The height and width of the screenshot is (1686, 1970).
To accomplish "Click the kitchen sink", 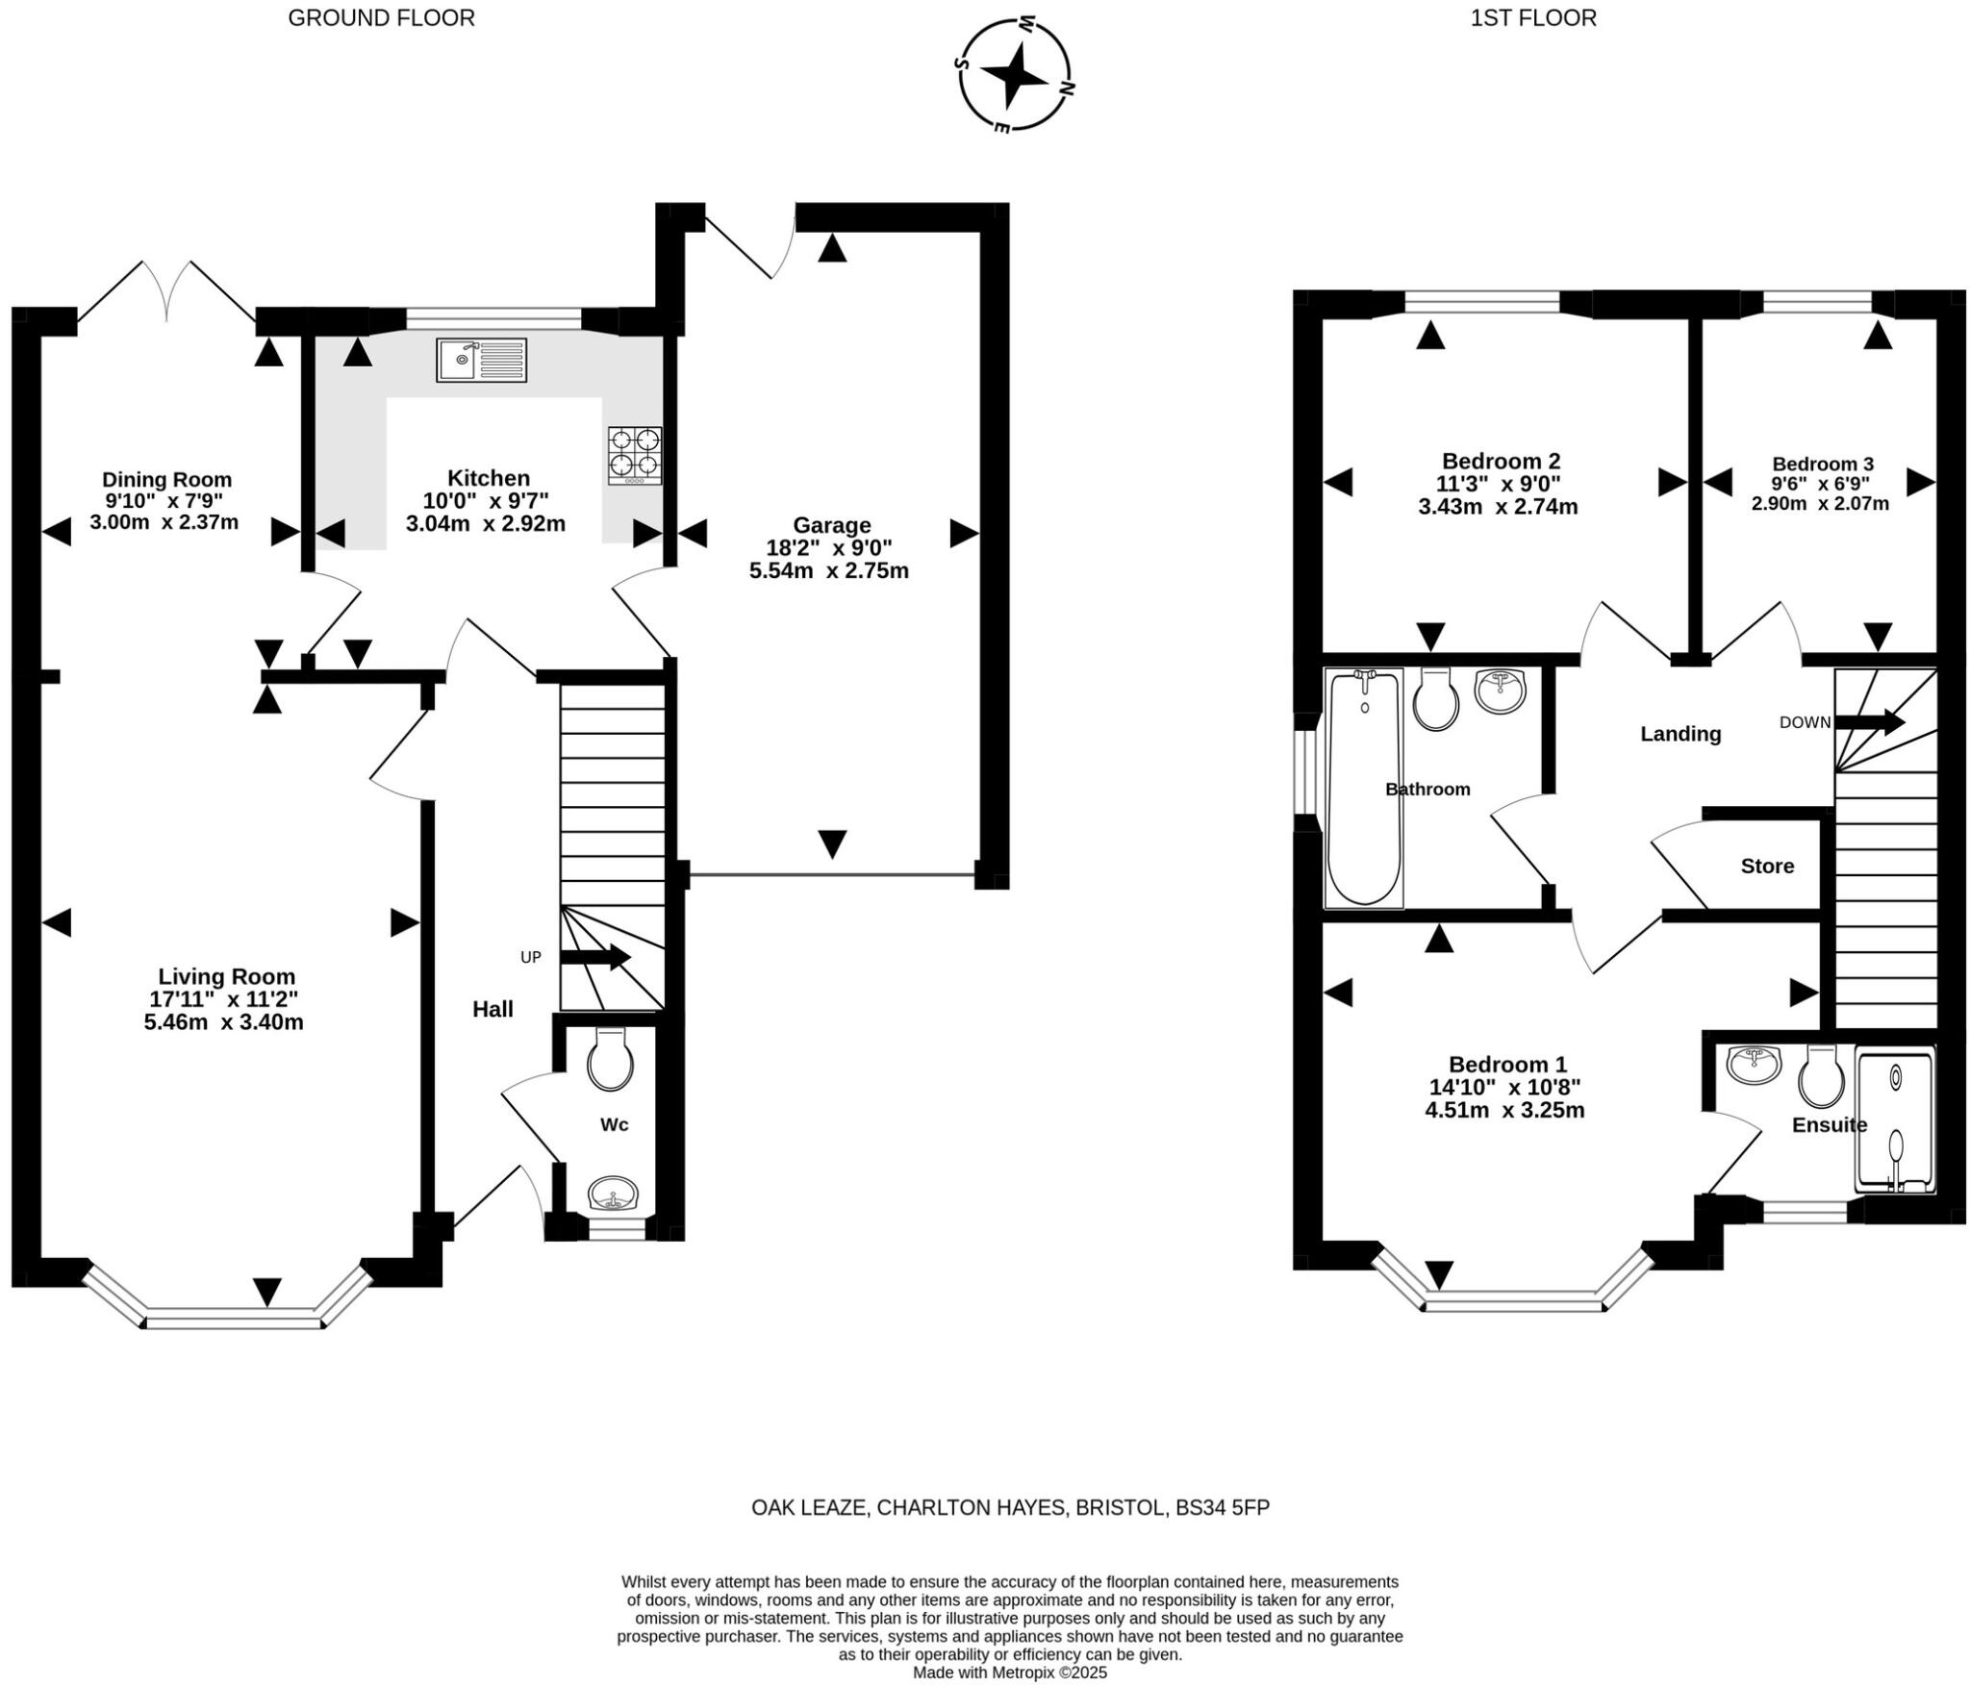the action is click(481, 360).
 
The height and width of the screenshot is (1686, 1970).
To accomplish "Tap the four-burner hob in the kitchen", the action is click(635, 455).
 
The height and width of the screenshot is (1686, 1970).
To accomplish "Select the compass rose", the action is click(1014, 74).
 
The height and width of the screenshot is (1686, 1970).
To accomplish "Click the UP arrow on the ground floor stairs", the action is click(594, 957).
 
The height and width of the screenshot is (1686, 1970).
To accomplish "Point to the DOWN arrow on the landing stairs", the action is click(1869, 722).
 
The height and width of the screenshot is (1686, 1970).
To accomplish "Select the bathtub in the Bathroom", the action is click(1363, 789).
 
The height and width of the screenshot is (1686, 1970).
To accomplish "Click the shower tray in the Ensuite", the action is click(1894, 1122).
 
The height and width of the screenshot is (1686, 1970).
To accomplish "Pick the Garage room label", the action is click(831, 525).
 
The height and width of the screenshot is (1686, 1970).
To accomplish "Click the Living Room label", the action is click(226, 976).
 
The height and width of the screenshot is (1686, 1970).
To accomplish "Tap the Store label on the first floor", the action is click(1767, 866).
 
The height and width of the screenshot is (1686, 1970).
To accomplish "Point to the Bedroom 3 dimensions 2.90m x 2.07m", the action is click(1820, 503).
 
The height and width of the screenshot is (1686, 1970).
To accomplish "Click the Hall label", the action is click(492, 1009).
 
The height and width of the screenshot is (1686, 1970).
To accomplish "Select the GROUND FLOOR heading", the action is click(381, 17).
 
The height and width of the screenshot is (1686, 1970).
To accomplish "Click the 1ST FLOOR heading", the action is click(1533, 17).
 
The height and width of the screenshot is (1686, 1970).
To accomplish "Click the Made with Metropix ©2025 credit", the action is click(1010, 1673).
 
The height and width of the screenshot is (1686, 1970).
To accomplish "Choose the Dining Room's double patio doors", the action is click(166, 290).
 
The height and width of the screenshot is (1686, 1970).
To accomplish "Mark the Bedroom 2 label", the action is click(1501, 461).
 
